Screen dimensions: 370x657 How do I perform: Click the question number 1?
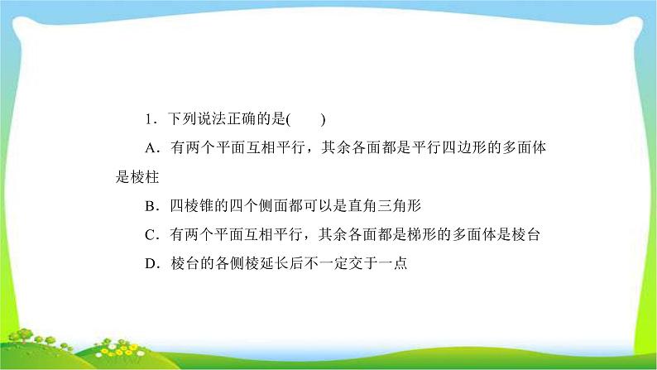pos(147,119)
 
